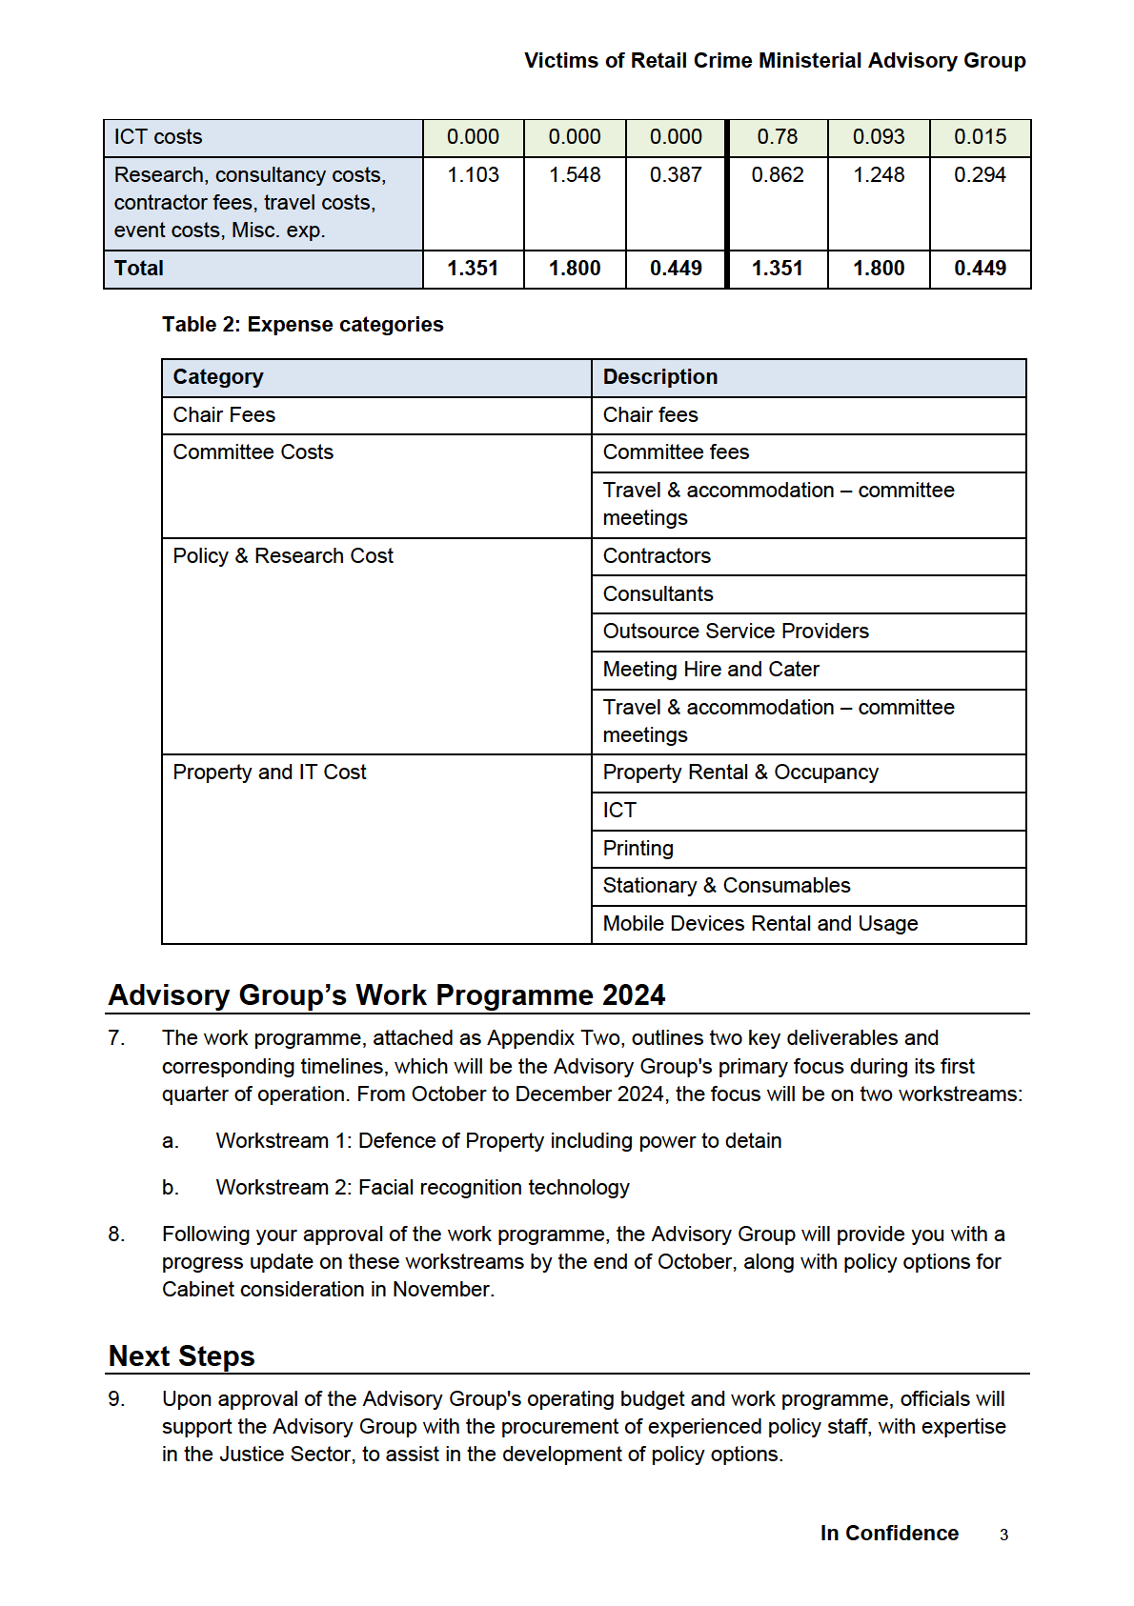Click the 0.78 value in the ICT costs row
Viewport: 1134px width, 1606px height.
(x=777, y=137)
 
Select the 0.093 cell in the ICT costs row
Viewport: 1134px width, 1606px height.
(x=879, y=137)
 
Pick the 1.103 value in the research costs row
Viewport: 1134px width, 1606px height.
(x=473, y=175)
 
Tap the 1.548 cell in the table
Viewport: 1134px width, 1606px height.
(x=575, y=175)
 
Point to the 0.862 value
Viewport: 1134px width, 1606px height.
(x=777, y=175)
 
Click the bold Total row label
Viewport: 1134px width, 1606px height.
(x=139, y=269)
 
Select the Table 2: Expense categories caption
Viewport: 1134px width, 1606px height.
(x=302, y=325)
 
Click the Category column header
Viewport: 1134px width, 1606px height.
(x=218, y=377)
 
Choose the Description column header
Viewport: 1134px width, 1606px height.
(x=659, y=377)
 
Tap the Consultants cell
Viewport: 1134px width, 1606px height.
(x=658, y=594)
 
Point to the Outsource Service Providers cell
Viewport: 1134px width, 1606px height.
(x=736, y=632)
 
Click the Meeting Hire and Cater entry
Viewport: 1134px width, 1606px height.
(x=711, y=670)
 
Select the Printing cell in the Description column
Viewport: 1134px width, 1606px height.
(x=638, y=849)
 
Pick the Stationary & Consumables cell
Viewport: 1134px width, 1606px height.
(x=726, y=886)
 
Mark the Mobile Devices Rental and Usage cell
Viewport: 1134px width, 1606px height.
(x=759, y=924)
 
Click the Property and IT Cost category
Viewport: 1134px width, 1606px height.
(x=270, y=773)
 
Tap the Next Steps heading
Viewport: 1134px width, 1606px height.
(x=182, y=1356)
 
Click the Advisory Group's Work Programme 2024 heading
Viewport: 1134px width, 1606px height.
(x=387, y=995)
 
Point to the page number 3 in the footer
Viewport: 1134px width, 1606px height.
(x=1003, y=1535)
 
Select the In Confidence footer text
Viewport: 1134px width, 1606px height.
(x=889, y=1534)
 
